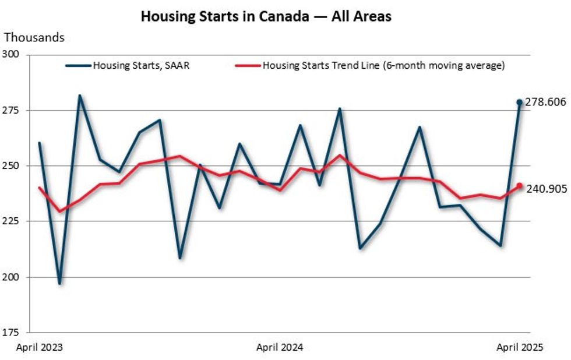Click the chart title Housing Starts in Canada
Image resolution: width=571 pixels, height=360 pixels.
pos(266,16)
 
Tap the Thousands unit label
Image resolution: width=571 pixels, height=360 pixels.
pos(34,38)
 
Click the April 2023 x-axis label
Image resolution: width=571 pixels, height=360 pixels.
pos(39,347)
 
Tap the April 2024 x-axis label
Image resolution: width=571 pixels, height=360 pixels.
pos(280,347)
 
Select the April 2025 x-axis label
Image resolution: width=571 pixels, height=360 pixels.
pos(520,347)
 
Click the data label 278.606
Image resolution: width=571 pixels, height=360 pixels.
pos(545,103)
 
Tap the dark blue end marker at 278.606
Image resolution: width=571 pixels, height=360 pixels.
pos(519,103)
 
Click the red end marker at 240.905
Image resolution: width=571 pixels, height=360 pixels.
pos(519,186)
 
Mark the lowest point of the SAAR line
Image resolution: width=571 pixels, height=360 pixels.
pos(59,284)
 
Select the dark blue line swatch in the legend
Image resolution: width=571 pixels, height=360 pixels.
pos(78,65)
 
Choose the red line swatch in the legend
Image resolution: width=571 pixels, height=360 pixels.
pos(247,65)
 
